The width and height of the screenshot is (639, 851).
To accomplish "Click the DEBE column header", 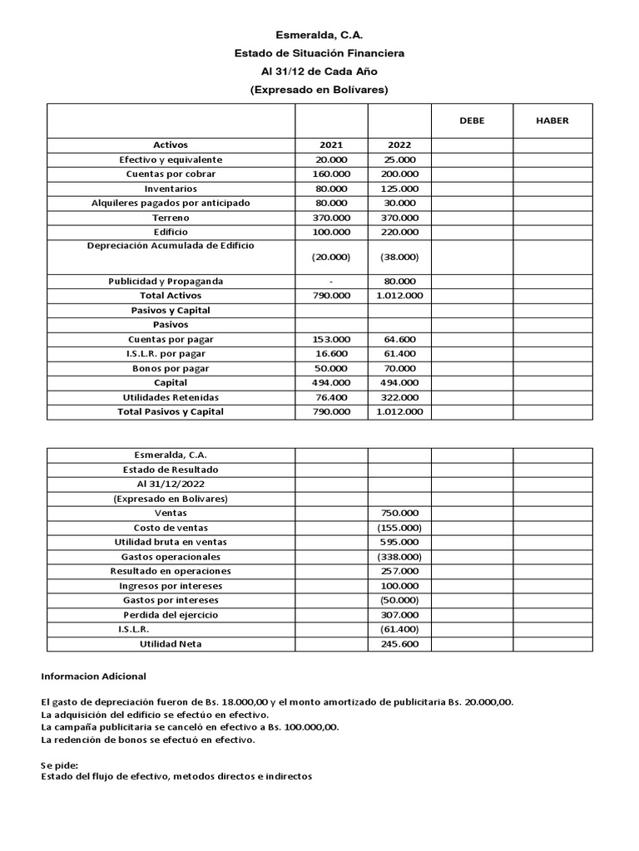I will (x=472, y=121).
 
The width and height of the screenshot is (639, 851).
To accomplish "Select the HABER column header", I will (x=552, y=121).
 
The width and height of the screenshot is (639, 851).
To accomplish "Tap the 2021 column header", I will (x=331, y=145).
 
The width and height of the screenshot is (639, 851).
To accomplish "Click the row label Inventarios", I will (x=171, y=189).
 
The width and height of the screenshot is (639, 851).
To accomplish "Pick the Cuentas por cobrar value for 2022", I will (x=399, y=175).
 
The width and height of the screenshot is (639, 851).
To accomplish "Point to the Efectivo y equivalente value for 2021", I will (x=331, y=160).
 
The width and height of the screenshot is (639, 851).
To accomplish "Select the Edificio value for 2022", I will (x=399, y=232).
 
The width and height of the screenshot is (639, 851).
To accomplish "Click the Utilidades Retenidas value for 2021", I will (x=331, y=397).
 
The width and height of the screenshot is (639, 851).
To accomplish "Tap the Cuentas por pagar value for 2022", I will (x=399, y=339).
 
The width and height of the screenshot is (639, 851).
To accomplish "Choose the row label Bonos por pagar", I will (x=171, y=368).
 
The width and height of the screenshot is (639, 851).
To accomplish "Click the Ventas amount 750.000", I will (x=399, y=514).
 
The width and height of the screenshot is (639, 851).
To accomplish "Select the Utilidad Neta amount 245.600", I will (x=399, y=644).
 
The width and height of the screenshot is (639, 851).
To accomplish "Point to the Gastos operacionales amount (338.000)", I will (x=399, y=557).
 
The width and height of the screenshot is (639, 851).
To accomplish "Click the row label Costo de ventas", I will (x=171, y=528).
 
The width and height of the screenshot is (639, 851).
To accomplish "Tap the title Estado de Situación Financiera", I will (x=319, y=53).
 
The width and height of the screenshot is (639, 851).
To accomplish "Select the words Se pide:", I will (x=59, y=765).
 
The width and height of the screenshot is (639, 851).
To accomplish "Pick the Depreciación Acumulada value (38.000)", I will (x=399, y=258).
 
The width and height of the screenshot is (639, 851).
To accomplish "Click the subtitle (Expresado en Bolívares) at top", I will (x=319, y=90).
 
